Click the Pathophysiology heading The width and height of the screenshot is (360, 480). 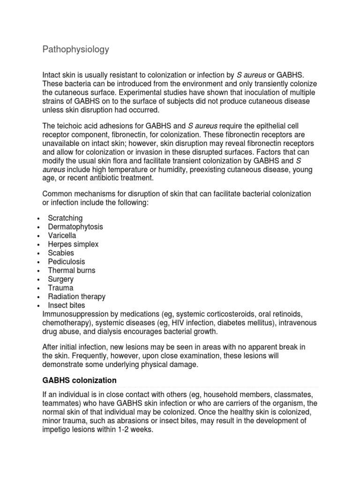tap(75, 49)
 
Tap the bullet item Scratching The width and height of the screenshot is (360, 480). tap(65, 218)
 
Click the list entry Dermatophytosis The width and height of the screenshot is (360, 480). tap(75, 227)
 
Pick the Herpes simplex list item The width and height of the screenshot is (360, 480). tap(73, 244)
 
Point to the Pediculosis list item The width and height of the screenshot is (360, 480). tap(67, 262)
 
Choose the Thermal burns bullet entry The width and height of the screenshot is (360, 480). tap(71, 270)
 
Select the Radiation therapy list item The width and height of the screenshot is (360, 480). tap(76, 297)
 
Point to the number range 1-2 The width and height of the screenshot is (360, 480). tap(125, 429)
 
